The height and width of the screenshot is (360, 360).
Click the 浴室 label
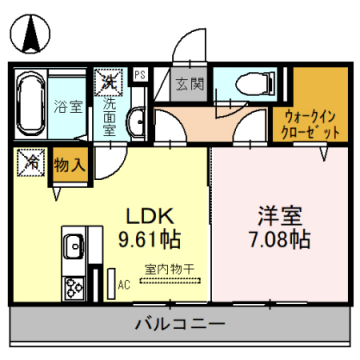pos(67,104)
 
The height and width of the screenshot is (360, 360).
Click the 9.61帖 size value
pos(149,240)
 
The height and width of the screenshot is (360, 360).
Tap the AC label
pos(124,284)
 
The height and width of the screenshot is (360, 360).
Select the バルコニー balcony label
pos(179,324)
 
